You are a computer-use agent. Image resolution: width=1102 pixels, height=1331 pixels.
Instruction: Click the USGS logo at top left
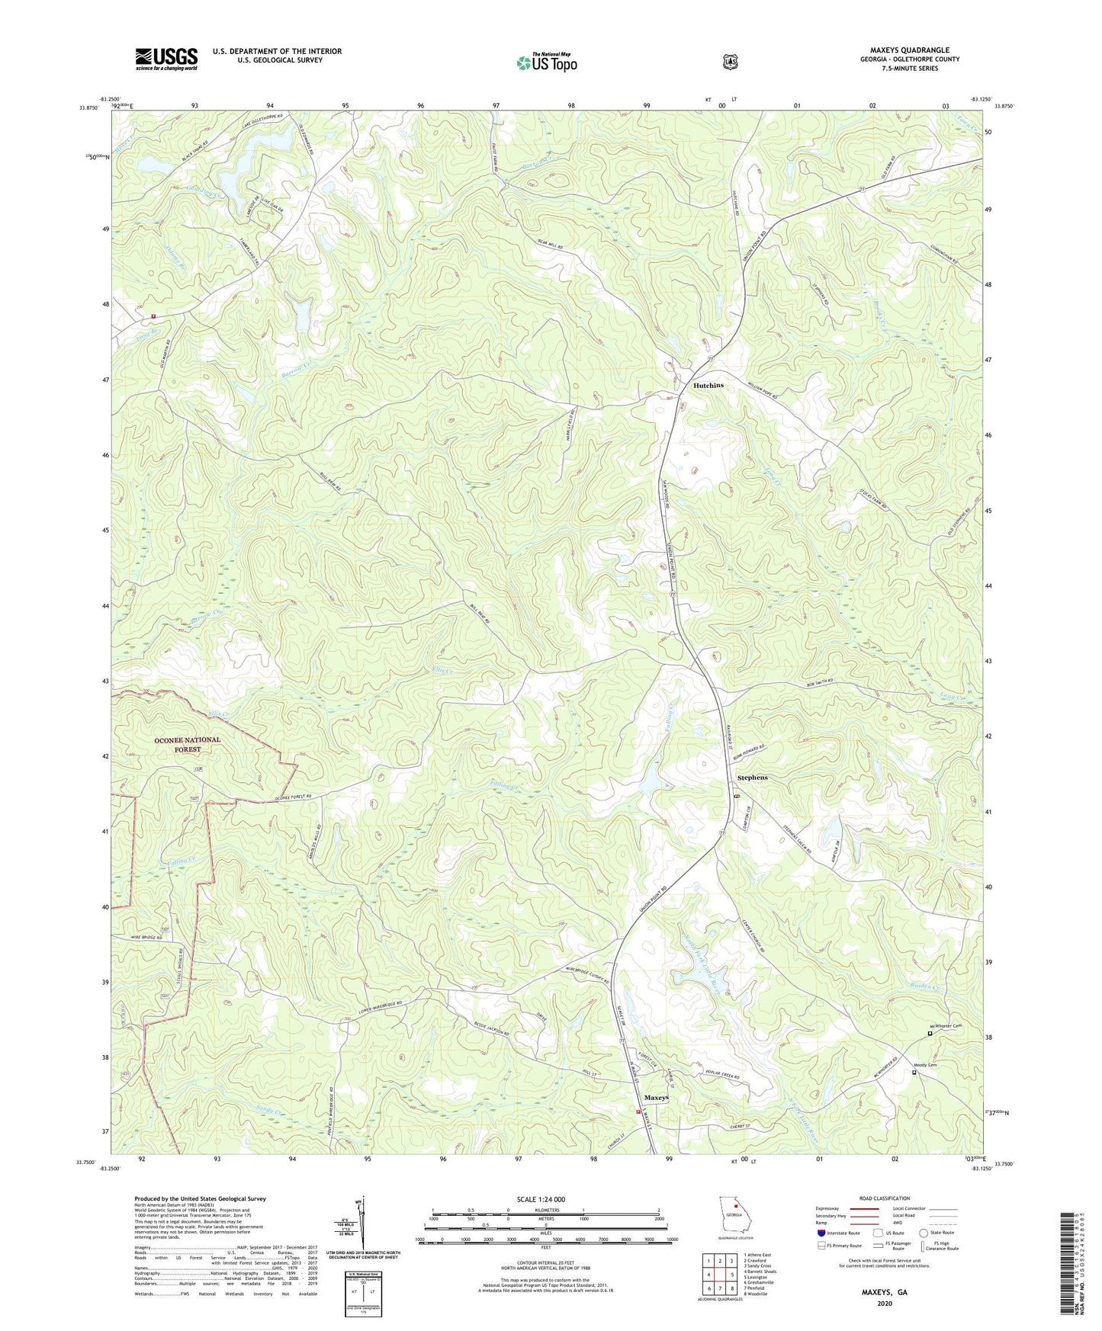[166, 59]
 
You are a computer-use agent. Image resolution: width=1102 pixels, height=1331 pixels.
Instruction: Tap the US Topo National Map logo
[546, 62]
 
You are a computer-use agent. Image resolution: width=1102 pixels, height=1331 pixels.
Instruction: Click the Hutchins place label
[708, 386]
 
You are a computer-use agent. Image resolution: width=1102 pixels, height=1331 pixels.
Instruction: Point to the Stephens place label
[752, 778]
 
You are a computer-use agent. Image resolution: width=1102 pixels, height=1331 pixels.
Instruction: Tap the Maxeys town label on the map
[656, 1098]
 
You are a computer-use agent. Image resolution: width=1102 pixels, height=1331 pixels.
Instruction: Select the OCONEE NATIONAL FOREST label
[188, 745]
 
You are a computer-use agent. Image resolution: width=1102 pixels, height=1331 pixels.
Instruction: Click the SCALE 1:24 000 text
[541, 1200]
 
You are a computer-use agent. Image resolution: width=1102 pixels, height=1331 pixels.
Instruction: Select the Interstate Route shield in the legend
[821, 1233]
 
